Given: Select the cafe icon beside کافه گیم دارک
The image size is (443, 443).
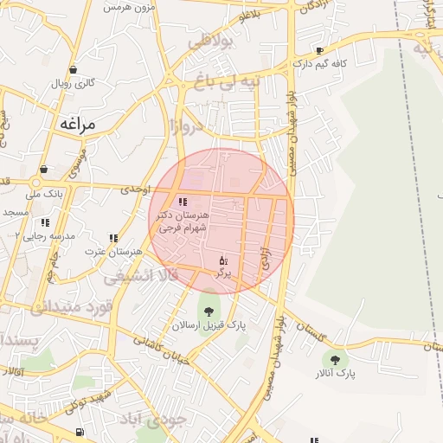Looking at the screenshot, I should [x=320, y=51].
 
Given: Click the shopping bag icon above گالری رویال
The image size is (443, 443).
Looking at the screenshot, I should [x=73, y=70].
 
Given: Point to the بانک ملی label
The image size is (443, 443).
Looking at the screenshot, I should [x=46, y=195].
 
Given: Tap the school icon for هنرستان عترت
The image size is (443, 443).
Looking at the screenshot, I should [x=113, y=238].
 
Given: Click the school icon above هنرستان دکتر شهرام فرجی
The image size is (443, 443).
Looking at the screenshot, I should [x=182, y=202].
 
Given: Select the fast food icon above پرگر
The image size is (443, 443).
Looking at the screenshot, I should [x=223, y=260].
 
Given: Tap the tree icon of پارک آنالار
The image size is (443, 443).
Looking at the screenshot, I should [x=335, y=359].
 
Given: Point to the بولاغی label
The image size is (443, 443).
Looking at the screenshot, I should [x=212, y=40].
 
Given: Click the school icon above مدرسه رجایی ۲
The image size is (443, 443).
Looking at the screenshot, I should [x=45, y=222].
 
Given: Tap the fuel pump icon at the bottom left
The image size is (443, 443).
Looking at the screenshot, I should [x=80, y=432].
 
